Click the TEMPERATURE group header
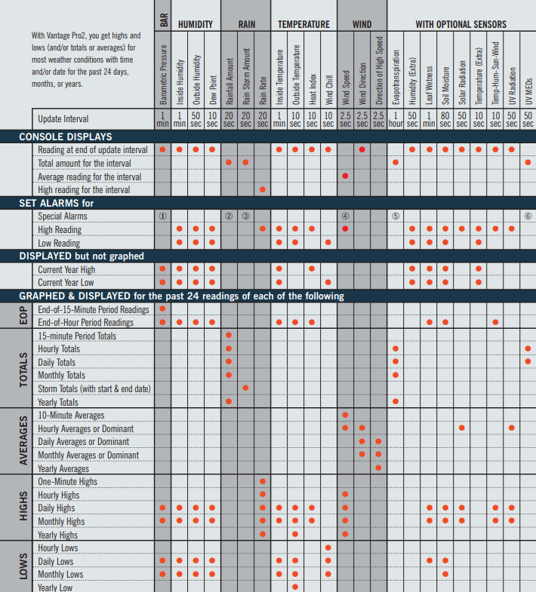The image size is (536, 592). (303, 25)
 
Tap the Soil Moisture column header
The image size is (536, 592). (445, 86)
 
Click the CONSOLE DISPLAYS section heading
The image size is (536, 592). (66, 136)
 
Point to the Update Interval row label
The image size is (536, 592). (63, 119)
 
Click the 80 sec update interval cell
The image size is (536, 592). (445, 119)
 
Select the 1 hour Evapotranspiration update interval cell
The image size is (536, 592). (396, 119)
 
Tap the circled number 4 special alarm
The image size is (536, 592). (345, 216)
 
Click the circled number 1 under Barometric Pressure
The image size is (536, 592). (162, 216)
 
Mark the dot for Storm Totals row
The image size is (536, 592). (245, 388)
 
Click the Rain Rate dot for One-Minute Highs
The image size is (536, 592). (262, 481)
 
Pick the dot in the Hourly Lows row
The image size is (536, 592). (328, 548)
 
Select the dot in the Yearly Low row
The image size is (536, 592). (295, 587)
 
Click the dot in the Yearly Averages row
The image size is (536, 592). (378, 468)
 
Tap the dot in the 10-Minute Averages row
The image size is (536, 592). (345, 415)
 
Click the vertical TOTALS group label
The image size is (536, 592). (23, 370)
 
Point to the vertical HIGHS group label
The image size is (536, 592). (23, 506)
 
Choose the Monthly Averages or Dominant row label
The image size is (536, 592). (88, 456)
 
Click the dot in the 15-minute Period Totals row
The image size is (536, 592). (229, 335)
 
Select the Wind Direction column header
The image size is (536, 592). (362, 84)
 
